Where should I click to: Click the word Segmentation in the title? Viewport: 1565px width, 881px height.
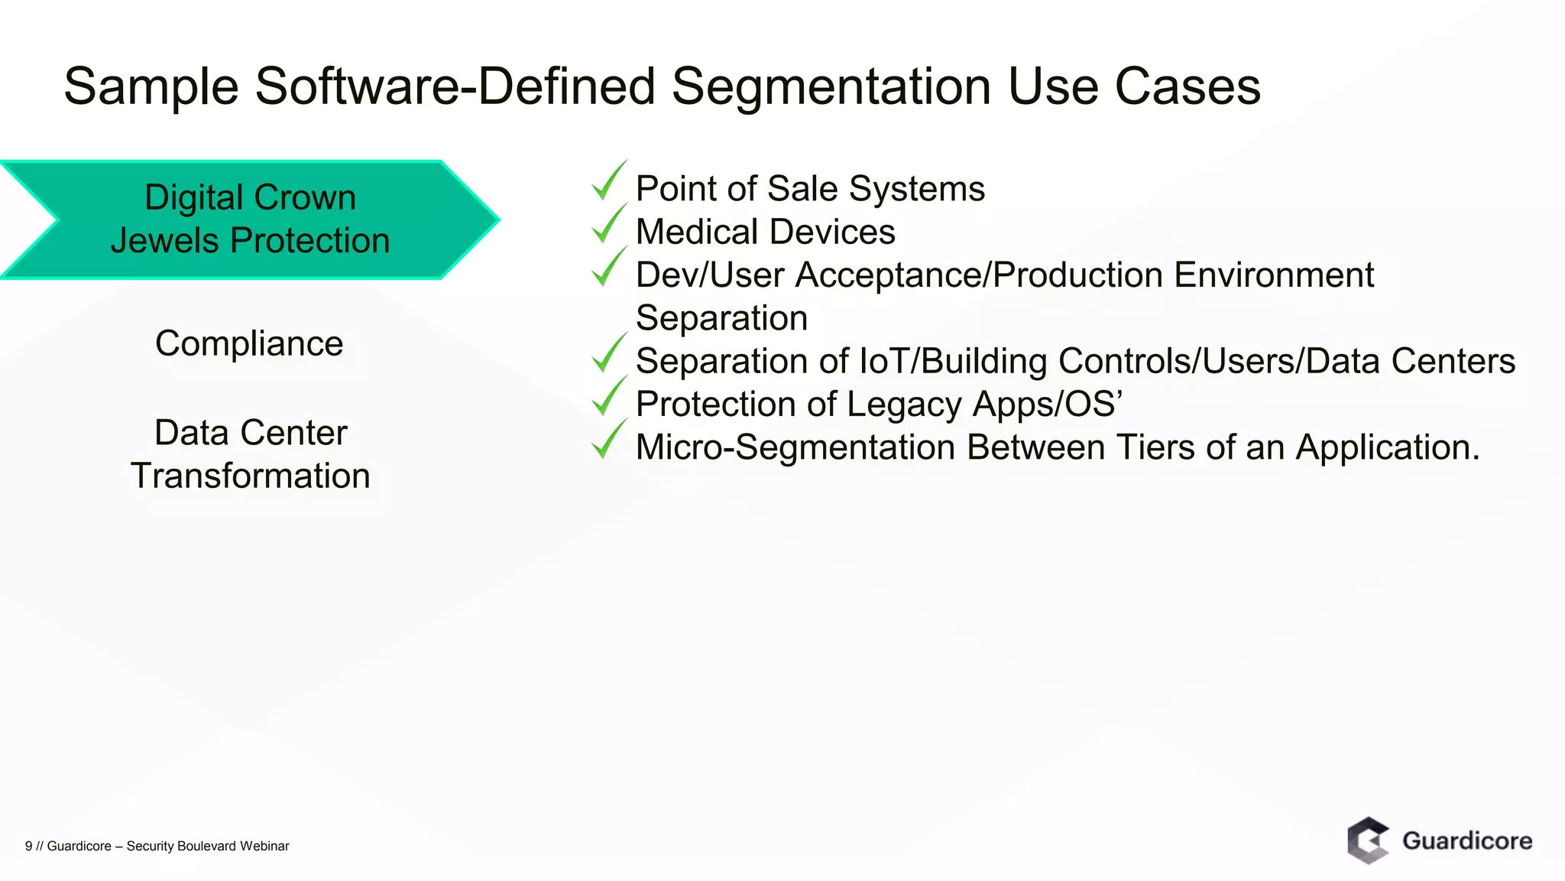831,86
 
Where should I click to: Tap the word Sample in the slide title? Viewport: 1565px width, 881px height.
151,86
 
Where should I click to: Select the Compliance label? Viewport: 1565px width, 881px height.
249,343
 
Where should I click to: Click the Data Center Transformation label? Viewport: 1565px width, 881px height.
251,454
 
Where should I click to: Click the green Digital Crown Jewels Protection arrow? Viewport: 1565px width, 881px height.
250,219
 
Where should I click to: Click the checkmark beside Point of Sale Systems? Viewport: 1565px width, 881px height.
609,182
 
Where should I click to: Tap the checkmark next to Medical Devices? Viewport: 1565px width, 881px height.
609,225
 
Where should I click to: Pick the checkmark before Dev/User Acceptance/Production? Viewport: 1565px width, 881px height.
609,268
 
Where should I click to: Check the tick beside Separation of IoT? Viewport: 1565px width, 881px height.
609,354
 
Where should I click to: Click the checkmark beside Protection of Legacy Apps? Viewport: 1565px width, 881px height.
609,398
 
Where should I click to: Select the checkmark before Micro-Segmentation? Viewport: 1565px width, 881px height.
609,440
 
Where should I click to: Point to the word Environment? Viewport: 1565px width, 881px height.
1274,275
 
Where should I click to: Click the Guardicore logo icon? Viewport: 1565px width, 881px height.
1368,840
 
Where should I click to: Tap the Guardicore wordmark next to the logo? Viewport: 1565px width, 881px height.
1467,841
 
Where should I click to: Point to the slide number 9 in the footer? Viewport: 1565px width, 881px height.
28,846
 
